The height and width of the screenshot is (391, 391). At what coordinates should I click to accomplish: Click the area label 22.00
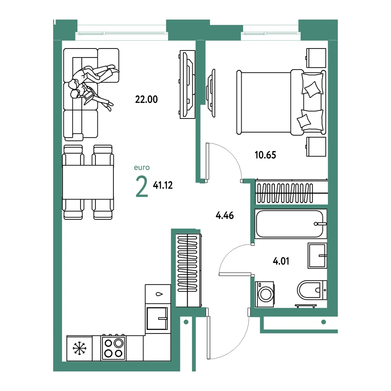(x=146, y=99)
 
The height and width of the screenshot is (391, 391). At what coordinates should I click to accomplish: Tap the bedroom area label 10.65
(x=265, y=155)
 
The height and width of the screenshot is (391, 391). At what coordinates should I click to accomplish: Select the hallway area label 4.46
(x=225, y=215)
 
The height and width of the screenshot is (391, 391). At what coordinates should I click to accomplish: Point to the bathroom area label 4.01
(x=281, y=261)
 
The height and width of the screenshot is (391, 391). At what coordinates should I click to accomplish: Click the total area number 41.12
(x=163, y=185)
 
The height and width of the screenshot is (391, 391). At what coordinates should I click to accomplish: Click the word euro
(x=142, y=167)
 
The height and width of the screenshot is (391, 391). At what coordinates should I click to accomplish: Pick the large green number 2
(x=142, y=186)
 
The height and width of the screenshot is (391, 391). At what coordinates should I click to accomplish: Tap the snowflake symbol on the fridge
(x=79, y=348)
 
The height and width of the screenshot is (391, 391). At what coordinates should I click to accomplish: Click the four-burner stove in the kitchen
(x=113, y=348)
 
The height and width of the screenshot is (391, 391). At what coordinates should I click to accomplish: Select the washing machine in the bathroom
(x=265, y=294)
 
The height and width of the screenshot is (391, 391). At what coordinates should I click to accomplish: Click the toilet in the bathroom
(x=312, y=290)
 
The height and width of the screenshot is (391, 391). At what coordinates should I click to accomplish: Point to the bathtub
(x=291, y=224)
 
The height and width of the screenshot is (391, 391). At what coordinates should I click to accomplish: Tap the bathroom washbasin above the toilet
(x=317, y=256)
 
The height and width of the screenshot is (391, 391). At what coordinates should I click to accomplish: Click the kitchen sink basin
(x=157, y=318)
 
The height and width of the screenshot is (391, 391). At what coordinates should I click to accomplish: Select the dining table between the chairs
(x=88, y=182)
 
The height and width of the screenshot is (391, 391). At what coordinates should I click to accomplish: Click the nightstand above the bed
(x=316, y=58)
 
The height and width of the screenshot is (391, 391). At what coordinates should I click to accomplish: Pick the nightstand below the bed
(x=316, y=147)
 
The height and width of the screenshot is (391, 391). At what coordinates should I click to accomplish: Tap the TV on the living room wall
(x=188, y=84)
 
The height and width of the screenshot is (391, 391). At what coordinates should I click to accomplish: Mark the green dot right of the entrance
(x=324, y=322)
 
